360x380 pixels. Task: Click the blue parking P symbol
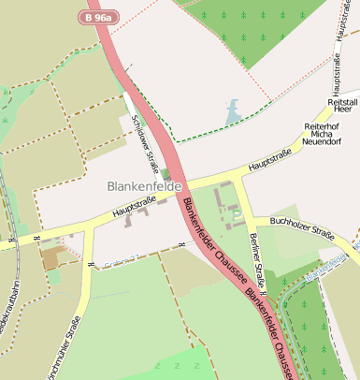(x=237, y=215)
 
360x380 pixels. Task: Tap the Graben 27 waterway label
(x=120, y=260)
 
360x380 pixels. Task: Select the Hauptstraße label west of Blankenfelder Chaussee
(x=134, y=208)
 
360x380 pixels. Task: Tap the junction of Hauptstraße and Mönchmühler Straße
(x=89, y=231)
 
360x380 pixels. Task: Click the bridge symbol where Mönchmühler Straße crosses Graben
(x=90, y=265)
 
